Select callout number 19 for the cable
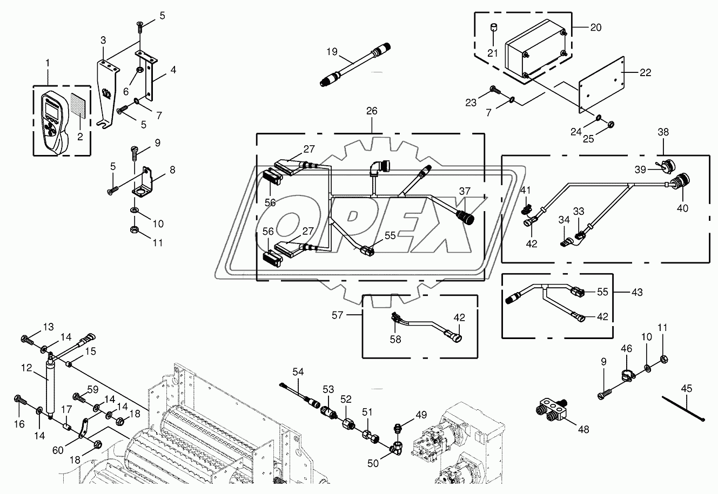point(331,52)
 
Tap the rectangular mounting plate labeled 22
point(601,86)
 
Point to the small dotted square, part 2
point(79,109)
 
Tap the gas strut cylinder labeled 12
point(49,387)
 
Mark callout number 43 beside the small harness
point(637,292)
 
